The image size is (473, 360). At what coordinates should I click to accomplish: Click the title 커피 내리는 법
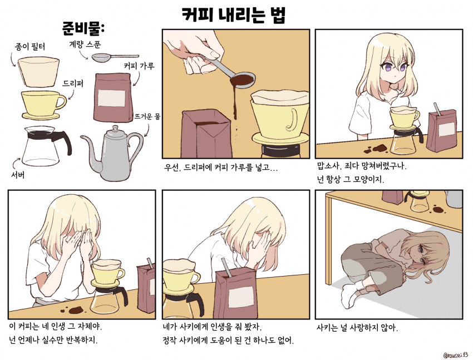[234, 15]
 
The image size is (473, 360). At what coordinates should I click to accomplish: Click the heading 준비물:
[83, 28]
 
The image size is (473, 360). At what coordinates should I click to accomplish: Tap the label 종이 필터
[30, 47]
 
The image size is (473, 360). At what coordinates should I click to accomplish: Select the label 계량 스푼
[85, 45]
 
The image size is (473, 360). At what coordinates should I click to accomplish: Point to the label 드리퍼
[73, 83]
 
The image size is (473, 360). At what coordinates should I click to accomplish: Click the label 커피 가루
[139, 66]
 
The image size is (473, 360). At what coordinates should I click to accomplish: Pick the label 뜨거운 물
[147, 116]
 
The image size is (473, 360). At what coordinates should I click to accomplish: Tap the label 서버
[17, 175]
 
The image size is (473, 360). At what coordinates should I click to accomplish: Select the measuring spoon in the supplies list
[115, 57]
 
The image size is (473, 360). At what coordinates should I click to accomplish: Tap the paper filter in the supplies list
[38, 72]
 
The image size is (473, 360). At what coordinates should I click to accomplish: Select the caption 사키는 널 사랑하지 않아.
[357, 327]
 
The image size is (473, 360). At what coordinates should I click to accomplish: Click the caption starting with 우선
[221, 167]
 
